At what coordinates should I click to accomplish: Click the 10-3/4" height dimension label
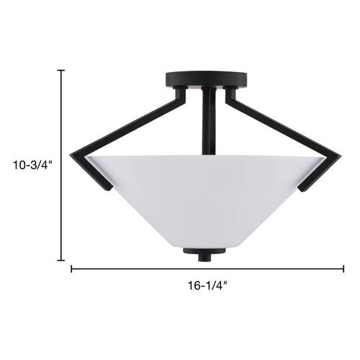[x=32, y=165]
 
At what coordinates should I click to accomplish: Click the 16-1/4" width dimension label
[x=207, y=286]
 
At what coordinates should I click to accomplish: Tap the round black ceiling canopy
[x=207, y=79]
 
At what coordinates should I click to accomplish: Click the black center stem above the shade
[x=209, y=121]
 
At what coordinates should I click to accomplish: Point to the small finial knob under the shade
[x=204, y=258]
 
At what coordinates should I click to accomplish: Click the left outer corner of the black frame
[x=70, y=155]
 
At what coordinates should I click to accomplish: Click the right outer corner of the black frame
[x=341, y=156]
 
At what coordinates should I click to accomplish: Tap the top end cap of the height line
[x=61, y=71]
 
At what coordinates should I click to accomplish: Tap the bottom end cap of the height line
[x=61, y=260]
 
